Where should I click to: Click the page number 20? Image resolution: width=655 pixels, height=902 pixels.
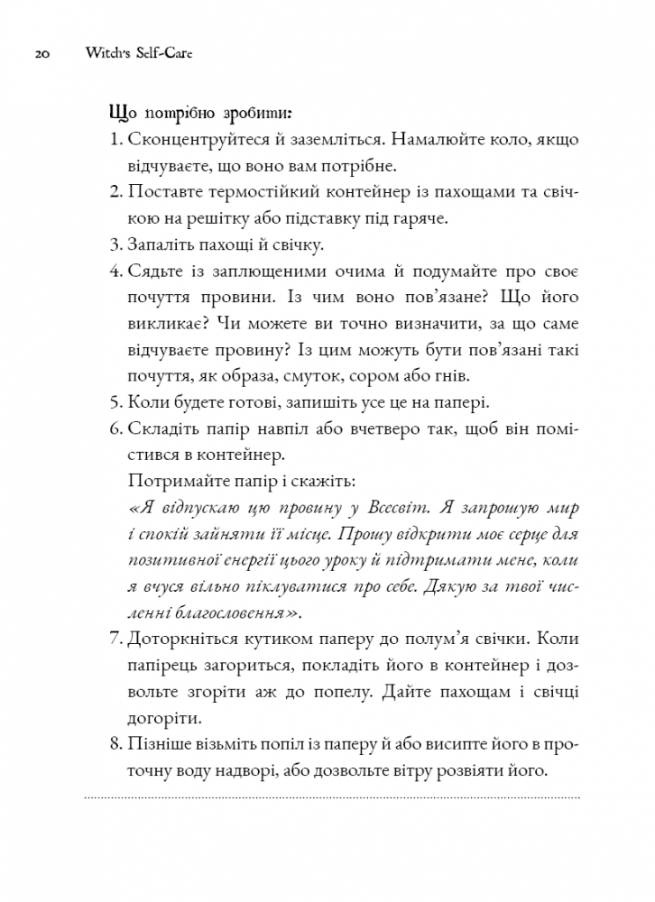tap(42, 54)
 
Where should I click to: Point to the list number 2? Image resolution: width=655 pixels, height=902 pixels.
tap(115, 193)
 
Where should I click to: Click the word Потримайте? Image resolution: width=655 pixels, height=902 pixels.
tap(172, 479)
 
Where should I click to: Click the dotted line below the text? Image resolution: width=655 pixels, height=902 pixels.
tap(331, 797)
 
